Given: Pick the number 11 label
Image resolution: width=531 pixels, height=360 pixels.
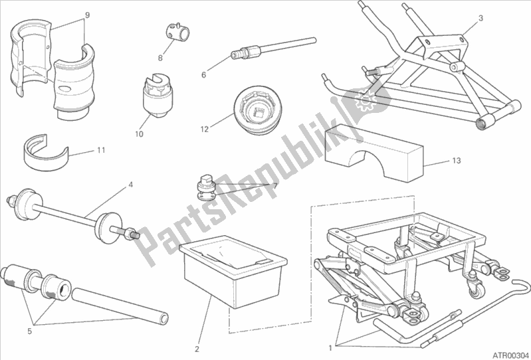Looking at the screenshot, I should tap(100, 150).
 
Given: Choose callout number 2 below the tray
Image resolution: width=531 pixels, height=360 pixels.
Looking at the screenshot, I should tap(197, 348).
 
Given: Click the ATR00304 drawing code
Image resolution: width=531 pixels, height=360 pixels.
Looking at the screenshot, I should tap(508, 354).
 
